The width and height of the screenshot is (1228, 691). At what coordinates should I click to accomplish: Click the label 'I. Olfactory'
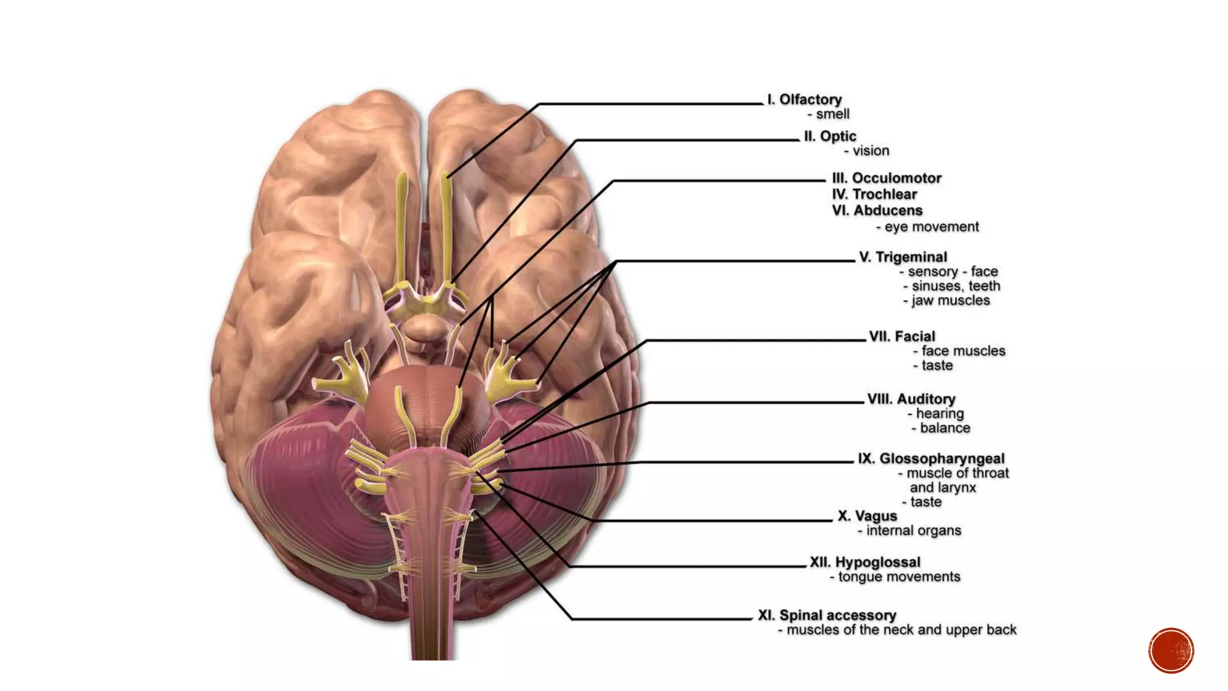[x=804, y=100]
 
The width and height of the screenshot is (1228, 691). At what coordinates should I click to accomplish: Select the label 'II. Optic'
[x=830, y=137]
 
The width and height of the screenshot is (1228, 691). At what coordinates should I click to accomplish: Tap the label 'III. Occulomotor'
[x=886, y=178]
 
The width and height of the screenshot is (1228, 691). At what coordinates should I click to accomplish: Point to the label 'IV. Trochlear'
[x=874, y=194]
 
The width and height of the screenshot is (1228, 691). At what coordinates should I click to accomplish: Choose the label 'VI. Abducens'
[x=877, y=211]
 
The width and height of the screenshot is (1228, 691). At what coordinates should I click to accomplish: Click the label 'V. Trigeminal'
[x=902, y=257]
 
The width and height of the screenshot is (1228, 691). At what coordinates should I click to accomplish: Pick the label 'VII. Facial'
[x=902, y=337]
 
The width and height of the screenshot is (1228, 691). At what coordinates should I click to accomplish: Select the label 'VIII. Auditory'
[x=911, y=399]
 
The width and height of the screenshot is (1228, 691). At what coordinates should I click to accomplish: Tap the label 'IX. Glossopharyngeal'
[x=931, y=459]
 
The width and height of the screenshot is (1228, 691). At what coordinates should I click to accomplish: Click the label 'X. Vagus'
[x=867, y=516]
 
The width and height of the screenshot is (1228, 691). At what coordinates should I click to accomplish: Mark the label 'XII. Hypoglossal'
[x=865, y=563]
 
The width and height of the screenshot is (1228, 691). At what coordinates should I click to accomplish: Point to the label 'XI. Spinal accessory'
[x=827, y=615]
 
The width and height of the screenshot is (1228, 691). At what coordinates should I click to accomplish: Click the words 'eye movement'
[x=931, y=227]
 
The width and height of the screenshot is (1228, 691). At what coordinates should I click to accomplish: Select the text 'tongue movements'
[x=899, y=577]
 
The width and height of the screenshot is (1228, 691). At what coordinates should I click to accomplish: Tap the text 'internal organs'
[x=913, y=531]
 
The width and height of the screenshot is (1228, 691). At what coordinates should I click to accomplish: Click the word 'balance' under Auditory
[x=944, y=428]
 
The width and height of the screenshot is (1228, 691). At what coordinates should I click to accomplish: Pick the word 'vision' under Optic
[x=871, y=151]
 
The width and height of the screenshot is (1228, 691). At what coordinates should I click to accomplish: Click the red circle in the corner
[x=1171, y=651]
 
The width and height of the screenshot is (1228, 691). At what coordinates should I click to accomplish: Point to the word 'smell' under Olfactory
[x=832, y=114]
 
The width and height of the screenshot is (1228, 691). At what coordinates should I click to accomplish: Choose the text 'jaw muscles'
[x=950, y=301]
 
